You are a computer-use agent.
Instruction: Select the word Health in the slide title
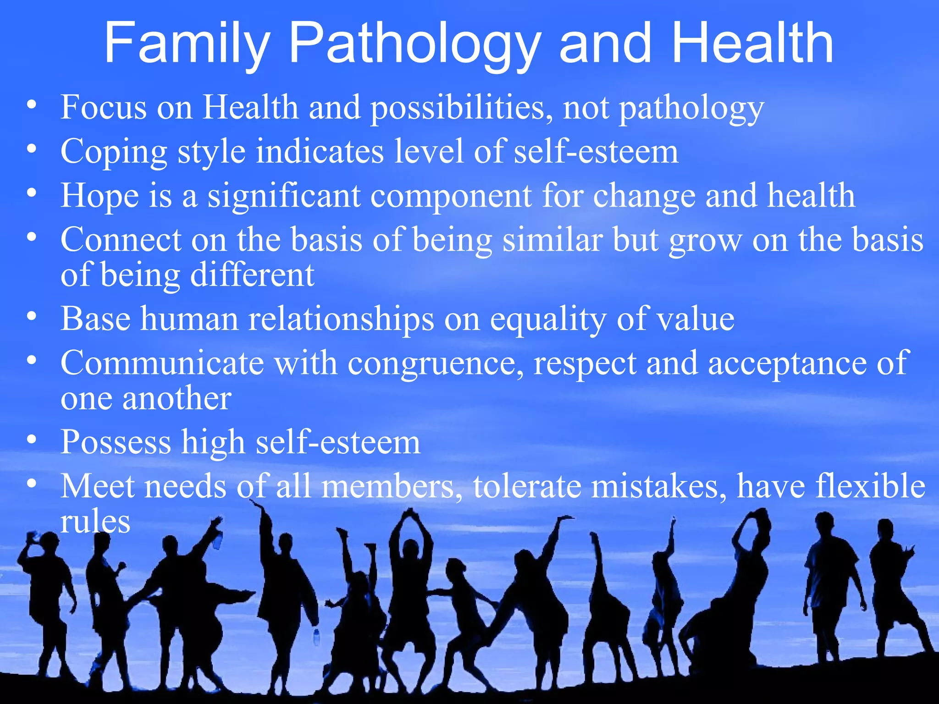point(752,44)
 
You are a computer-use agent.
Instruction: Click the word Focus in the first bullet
point(104,107)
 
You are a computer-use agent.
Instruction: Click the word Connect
point(121,240)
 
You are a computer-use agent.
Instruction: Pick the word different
point(252,275)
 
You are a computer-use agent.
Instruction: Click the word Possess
point(116,442)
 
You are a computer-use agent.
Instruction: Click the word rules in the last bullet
point(95,521)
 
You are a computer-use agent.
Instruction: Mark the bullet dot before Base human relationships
point(31,316)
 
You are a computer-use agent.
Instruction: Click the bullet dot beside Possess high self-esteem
point(31,439)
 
